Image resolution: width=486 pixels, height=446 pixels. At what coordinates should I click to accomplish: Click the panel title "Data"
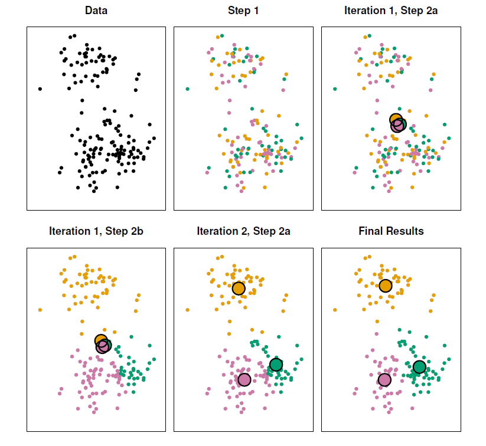tap(96, 11)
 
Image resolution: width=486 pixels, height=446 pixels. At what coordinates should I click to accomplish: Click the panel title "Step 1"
tap(243, 11)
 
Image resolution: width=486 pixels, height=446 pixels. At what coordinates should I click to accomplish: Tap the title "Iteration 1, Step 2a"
tap(390, 11)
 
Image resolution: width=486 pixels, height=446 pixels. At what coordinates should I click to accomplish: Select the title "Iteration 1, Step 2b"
tap(96, 231)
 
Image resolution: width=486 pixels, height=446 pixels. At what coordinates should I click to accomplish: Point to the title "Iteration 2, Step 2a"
tap(243, 231)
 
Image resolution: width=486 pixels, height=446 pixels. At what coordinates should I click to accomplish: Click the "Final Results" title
tap(391, 231)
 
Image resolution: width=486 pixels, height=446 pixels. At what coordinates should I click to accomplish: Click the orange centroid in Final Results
tap(386, 286)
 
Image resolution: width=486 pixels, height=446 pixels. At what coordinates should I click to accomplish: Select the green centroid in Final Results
tap(419, 367)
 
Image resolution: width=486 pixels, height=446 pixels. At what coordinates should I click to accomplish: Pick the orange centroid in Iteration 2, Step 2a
tap(239, 288)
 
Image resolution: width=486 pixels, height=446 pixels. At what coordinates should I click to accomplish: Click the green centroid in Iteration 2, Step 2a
tap(276, 365)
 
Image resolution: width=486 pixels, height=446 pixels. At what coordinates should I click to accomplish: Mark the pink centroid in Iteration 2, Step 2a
tap(244, 379)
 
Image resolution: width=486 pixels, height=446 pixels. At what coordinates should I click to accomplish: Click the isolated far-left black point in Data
tap(40, 88)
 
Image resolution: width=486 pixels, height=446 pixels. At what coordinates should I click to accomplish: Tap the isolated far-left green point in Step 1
tap(187, 88)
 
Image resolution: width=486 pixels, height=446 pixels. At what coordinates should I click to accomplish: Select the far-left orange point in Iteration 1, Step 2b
tap(40, 310)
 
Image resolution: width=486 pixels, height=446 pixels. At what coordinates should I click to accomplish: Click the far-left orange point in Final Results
tap(335, 310)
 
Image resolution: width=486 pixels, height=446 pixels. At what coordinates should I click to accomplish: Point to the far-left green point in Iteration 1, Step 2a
tap(335, 88)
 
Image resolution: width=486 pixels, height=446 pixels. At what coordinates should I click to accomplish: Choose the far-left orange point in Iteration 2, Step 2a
tap(187, 310)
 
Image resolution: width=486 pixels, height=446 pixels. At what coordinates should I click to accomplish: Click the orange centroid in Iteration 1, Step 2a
tap(396, 119)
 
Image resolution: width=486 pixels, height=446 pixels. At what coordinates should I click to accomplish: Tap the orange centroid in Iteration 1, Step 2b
tap(101, 340)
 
